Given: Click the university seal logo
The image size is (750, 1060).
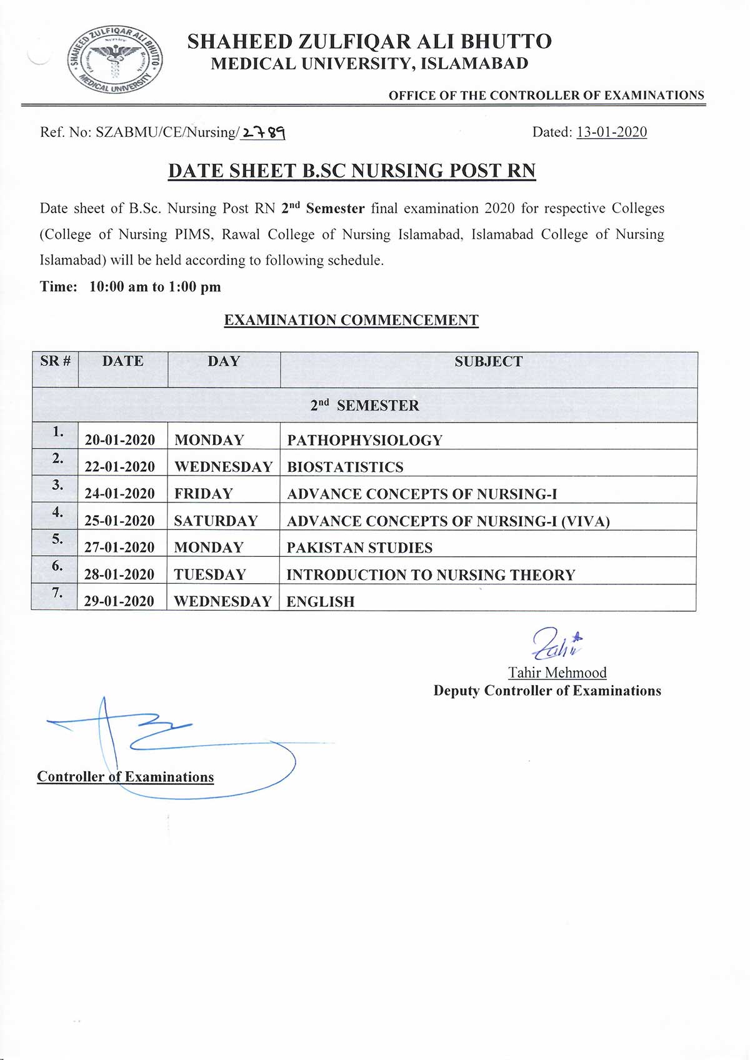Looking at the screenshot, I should (115, 61).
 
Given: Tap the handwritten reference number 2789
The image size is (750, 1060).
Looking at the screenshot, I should (263, 132).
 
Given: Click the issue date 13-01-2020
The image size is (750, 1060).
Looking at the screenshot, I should (611, 132).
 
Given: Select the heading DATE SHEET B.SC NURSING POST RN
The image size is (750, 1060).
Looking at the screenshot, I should (352, 171).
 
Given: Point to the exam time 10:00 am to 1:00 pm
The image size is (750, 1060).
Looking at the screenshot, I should (155, 287).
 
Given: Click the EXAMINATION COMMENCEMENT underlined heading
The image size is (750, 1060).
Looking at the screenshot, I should (351, 320).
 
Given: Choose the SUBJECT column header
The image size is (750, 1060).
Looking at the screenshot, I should (488, 362).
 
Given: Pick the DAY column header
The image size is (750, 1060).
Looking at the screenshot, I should (223, 361).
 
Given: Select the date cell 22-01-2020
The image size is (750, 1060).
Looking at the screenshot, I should (120, 467).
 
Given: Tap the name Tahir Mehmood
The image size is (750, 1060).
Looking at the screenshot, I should (557, 672).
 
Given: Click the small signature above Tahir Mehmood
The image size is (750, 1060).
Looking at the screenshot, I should (556, 644).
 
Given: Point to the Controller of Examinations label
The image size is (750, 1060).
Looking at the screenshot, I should (125, 777).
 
